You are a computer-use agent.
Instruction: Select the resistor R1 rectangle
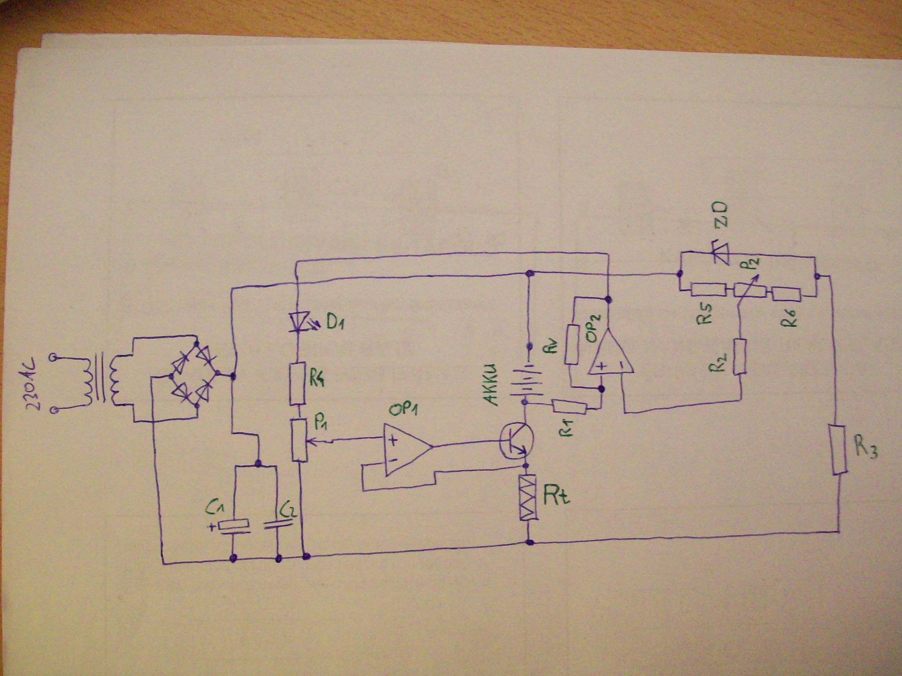pos(569,408)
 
